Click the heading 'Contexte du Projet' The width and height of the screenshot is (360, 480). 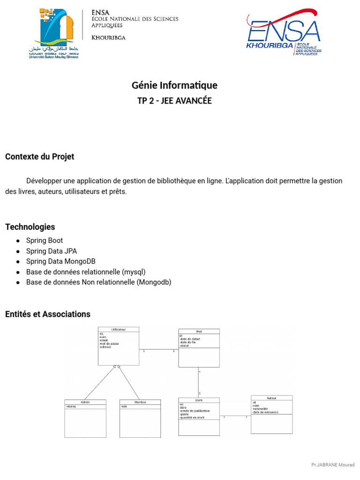click(x=39, y=157)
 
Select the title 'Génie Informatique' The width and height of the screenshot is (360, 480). click(x=174, y=86)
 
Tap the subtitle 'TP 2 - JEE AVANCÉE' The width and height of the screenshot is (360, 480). click(x=174, y=101)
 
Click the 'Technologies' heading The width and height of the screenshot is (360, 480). click(x=30, y=227)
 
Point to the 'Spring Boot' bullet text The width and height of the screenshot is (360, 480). click(x=45, y=240)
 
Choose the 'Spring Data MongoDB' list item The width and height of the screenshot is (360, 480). click(x=61, y=261)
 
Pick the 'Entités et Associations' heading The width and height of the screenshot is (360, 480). click(x=48, y=314)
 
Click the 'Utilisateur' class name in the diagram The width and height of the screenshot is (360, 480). click(x=118, y=330)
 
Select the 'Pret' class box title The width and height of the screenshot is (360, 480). click(x=199, y=331)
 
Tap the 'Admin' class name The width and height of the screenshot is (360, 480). click(x=85, y=402)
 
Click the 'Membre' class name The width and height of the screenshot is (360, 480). click(x=140, y=402)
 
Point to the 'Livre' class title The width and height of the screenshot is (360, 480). click(x=199, y=400)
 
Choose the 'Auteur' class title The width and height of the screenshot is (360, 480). click(x=271, y=398)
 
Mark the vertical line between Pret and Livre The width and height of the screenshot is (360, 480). click(x=199, y=382)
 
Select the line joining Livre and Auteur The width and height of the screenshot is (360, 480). click(x=235, y=416)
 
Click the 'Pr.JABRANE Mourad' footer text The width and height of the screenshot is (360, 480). click(x=333, y=465)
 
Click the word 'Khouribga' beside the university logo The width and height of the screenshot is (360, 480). click(x=108, y=37)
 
